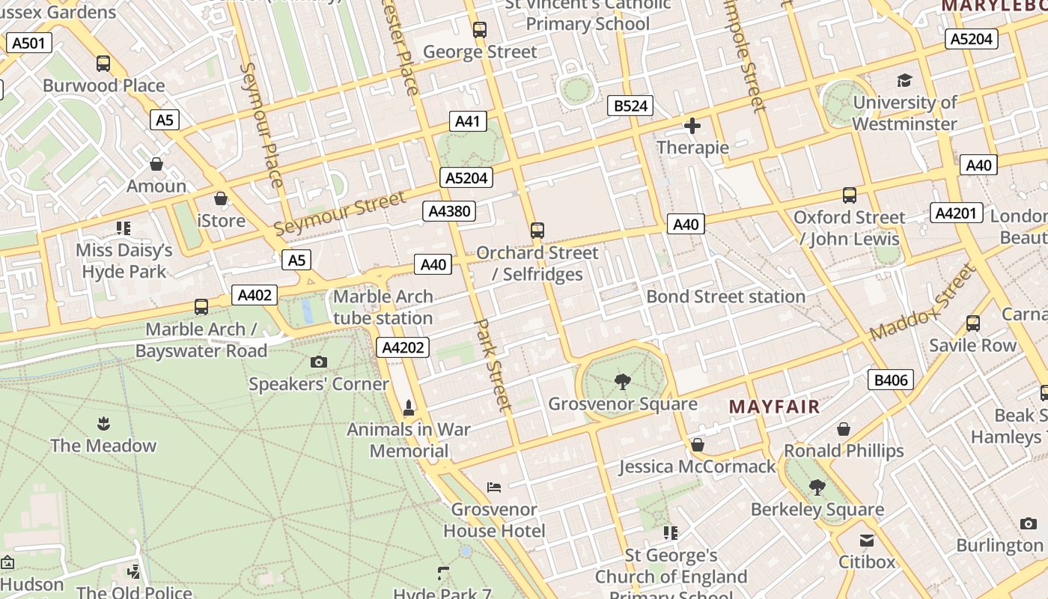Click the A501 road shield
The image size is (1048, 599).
coord(29,43)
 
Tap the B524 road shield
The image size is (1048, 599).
coord(630,106)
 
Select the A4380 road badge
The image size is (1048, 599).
coord(449,211)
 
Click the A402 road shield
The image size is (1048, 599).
coord(255,295)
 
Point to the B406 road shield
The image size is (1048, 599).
coord(891,380)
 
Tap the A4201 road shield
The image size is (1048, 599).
coord(957,213)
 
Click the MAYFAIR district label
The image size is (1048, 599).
coord(775,407)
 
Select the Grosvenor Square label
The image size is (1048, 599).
coord(623,404)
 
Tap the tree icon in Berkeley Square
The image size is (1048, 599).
coord(817,487)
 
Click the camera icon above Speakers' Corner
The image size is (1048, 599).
coord(318,362)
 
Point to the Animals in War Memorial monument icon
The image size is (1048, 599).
coord(409,408)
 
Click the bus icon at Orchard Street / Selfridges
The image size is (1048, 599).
coord(537,230)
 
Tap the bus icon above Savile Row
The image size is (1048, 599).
coord(972,323)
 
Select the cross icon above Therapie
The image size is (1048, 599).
coord(692,126)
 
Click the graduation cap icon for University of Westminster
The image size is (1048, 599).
coord(904,80)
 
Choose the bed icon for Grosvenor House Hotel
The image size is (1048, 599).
coord(494,487)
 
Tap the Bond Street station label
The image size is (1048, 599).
coord(725,297)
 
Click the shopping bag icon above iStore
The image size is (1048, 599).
coord(221,198)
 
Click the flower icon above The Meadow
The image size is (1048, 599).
coord(103,424)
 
